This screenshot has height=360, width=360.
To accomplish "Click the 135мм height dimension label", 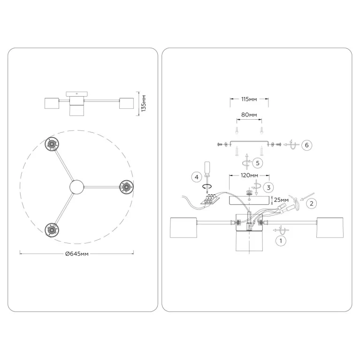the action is (144, 103).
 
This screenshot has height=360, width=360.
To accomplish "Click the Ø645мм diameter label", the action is (77, 254).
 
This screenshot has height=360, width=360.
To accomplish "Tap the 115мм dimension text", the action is (249, 99).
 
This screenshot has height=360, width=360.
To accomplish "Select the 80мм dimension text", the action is (249, 115).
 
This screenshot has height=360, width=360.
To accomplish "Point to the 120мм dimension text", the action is (249, 176).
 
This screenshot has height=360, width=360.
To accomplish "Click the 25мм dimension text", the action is (281, 200).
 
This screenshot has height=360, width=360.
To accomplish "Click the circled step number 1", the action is (281, 241).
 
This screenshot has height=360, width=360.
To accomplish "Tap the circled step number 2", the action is (312, 203).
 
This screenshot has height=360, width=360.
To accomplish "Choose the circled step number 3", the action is (269, 188).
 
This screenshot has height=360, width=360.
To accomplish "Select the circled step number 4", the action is (197, 177).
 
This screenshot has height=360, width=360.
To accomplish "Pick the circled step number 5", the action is (258, 163).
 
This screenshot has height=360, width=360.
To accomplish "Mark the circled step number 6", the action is (307, 145).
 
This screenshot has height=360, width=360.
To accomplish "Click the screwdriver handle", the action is (207, 167).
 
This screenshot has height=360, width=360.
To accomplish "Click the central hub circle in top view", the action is (77, 187).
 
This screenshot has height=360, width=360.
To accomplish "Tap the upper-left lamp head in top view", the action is (52, 144).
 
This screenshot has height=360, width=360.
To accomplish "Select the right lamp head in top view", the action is (127, 187).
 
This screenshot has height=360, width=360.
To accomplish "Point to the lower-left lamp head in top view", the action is (52, 230).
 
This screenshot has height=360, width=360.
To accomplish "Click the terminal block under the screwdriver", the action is (210, 199).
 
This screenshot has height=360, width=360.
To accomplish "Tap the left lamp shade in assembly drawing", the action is (184, 228).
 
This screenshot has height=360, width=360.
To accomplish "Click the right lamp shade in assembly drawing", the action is (330, 228).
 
